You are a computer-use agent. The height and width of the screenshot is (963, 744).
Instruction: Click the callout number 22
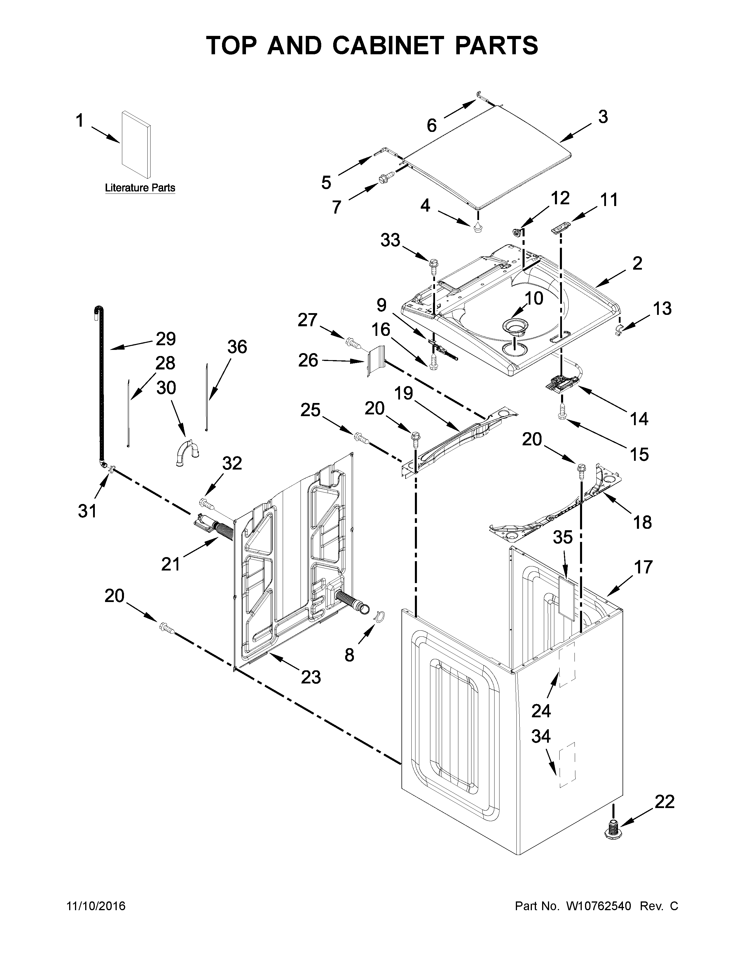click(x=664, y=802)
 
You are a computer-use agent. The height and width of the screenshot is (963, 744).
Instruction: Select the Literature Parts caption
click(x=140, y=188)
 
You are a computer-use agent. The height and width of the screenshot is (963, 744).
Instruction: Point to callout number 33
click(x=390, y=240)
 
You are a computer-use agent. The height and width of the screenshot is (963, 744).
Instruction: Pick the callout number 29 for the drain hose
click(x=166, y=339)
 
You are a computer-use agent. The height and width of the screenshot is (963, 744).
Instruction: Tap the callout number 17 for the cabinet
click(x=643, y=567)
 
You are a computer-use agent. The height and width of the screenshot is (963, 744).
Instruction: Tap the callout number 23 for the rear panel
click(x=311, y=677)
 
